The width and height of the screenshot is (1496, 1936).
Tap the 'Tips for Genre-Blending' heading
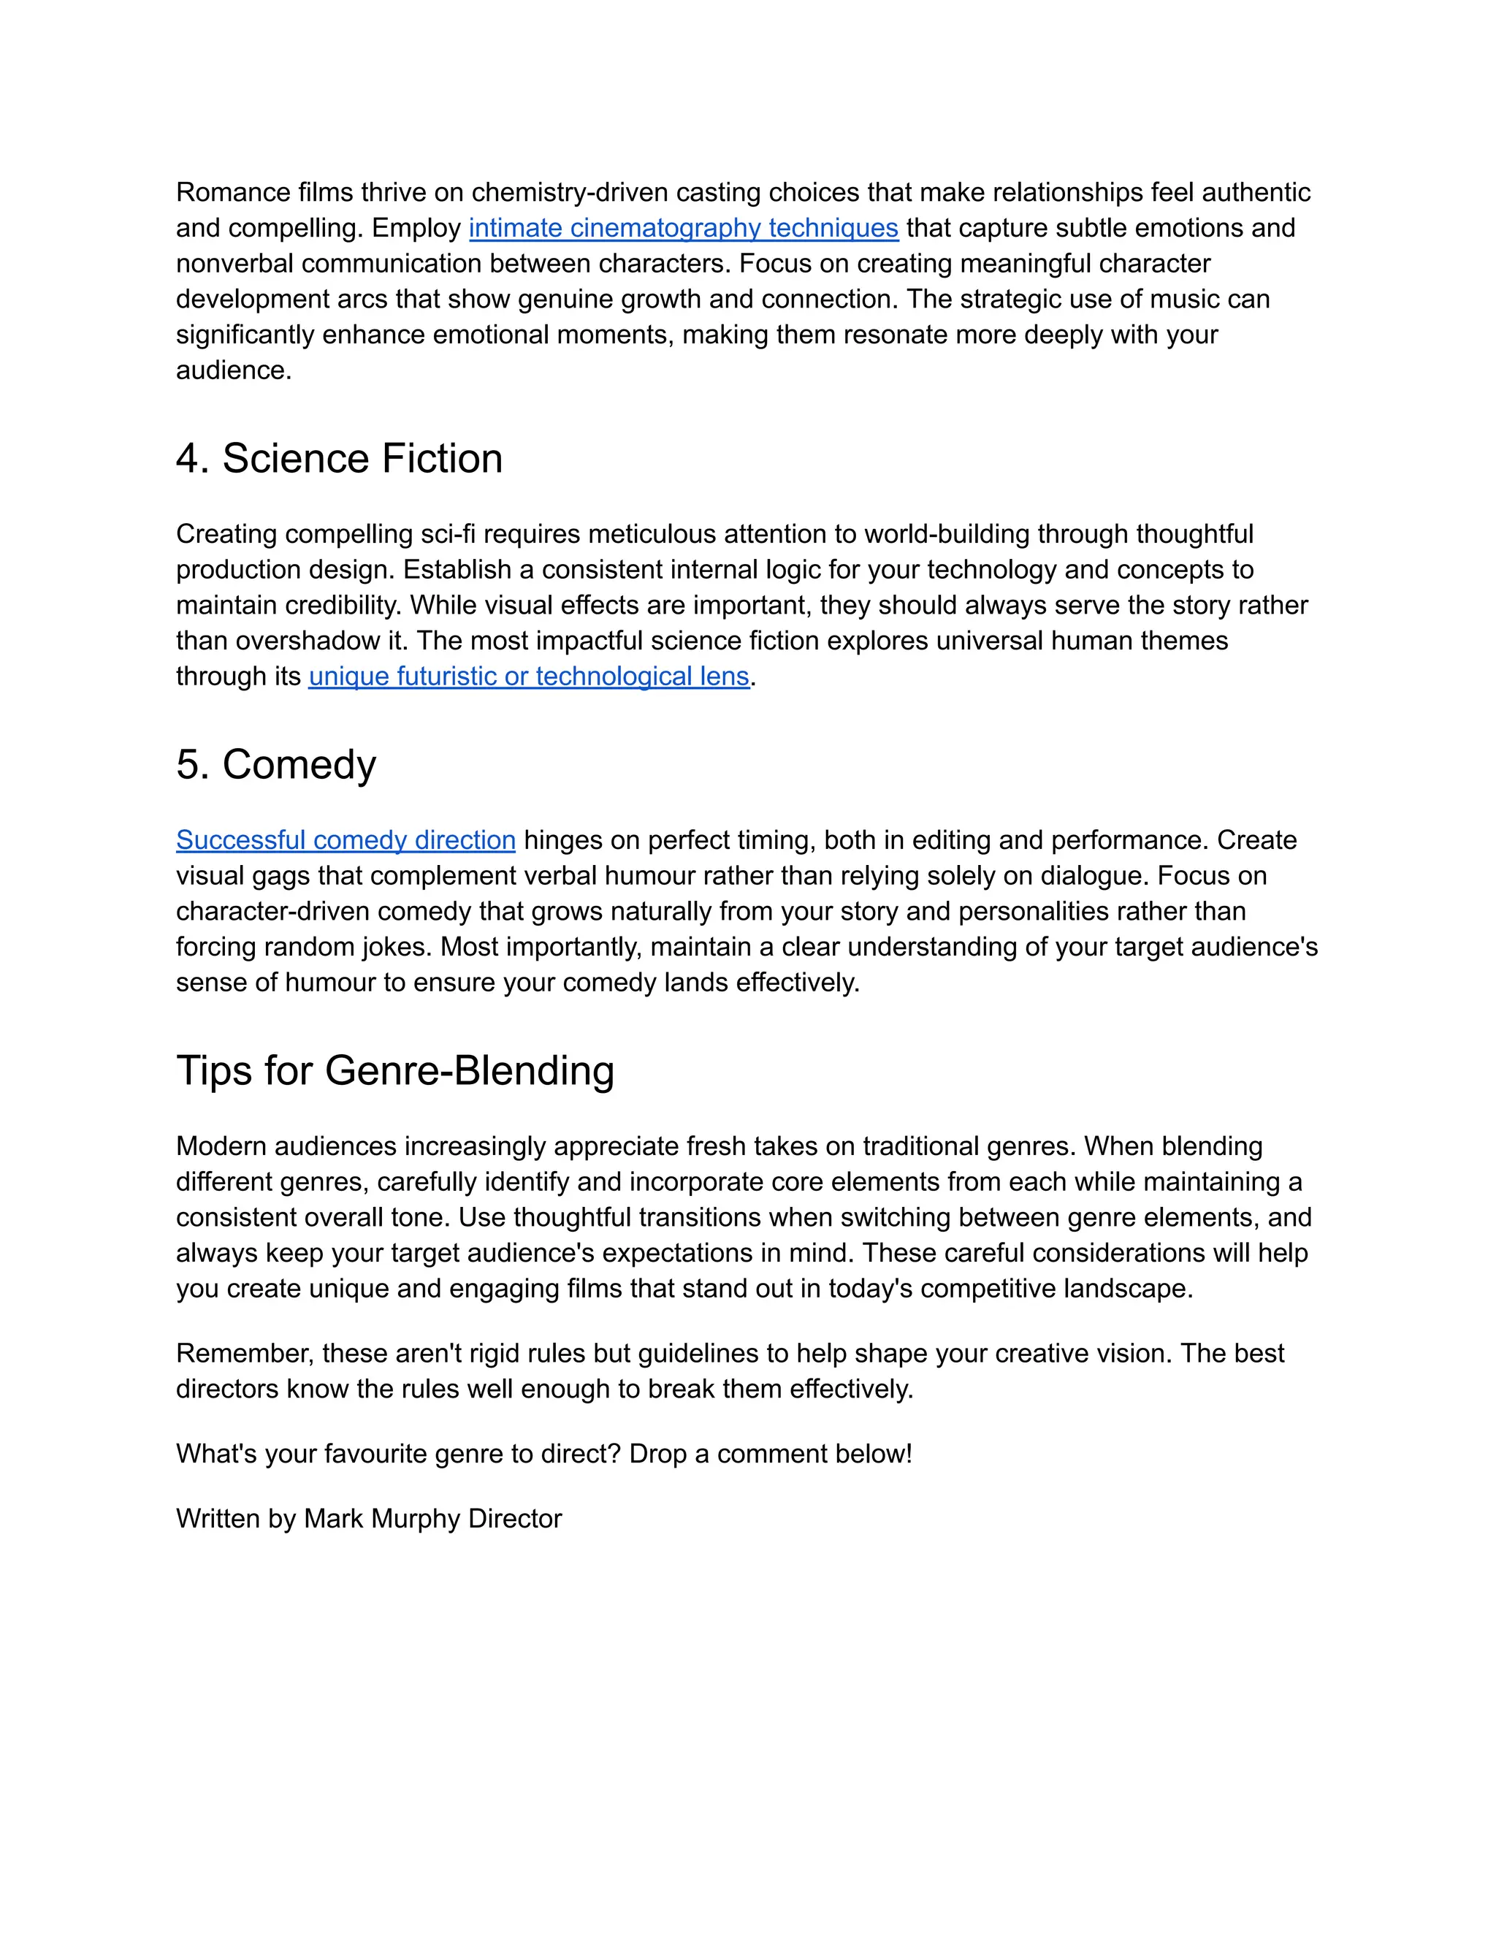394,1071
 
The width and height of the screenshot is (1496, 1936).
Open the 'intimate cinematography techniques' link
682,229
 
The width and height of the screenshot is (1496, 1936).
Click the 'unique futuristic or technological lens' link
528,677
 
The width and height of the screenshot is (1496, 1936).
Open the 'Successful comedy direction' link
345,840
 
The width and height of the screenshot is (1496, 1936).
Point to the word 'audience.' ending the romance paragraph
233,370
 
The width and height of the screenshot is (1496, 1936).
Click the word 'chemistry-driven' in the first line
569,192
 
